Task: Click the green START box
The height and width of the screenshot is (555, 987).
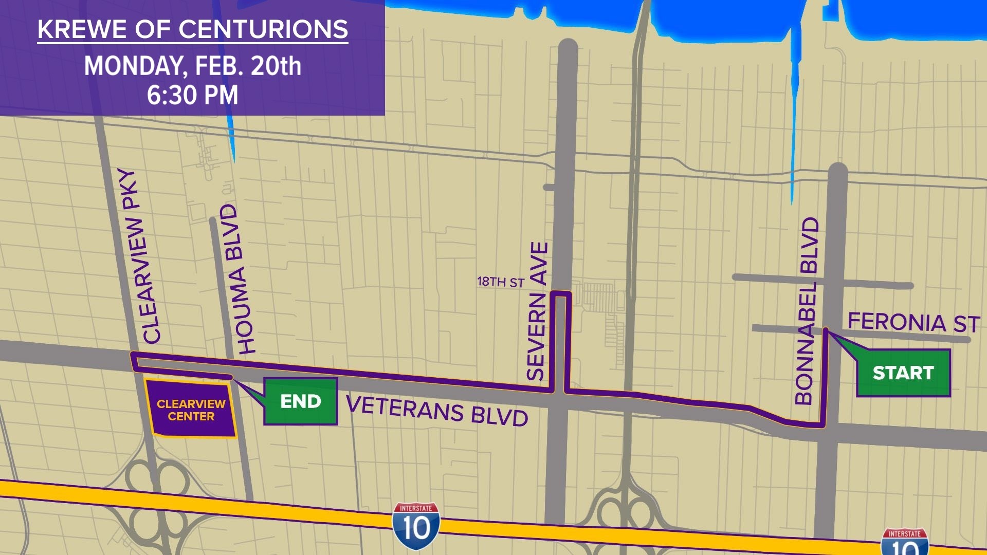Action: click(x=903, y=373)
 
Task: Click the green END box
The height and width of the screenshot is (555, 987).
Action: click(x=301, y=401)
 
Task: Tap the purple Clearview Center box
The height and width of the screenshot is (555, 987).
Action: click(x=191, y=410)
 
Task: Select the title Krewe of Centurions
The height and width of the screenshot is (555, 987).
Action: click(x=193, y=30)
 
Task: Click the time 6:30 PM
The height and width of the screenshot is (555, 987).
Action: click(x=193, y=96)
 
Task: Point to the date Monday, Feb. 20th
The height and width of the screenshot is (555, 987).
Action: click(x=193, y=66)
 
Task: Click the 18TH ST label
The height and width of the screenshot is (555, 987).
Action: click(x=500, y=282)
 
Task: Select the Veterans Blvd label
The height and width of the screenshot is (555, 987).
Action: click(x=437, y=411)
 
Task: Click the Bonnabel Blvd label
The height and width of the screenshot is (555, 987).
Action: click(x=806, y=311)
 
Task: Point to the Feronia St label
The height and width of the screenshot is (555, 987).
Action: click(x=913, y=323)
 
